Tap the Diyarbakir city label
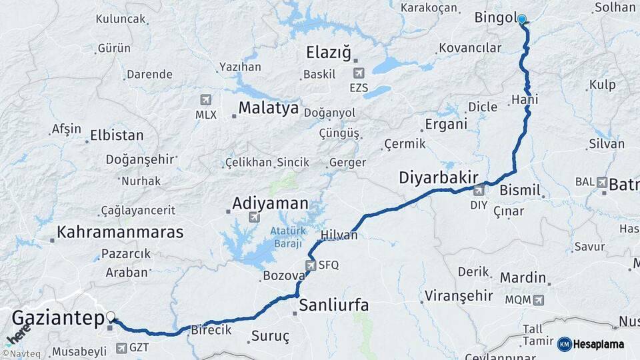point(439,177)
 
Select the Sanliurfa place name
point(333,305)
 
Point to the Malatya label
point(269,108)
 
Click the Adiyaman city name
point(270,203)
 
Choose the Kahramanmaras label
point(120,232)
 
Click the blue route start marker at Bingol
point(522,20)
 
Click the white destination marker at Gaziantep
point(111,318)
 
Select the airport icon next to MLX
point(205,100)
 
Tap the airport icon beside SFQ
point(310,265)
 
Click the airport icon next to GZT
point(121,347)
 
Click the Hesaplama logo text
point(599,345)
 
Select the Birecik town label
point(211,330)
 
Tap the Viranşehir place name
point(459,295)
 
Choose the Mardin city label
point(523,277)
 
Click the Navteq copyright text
point(22,354)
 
